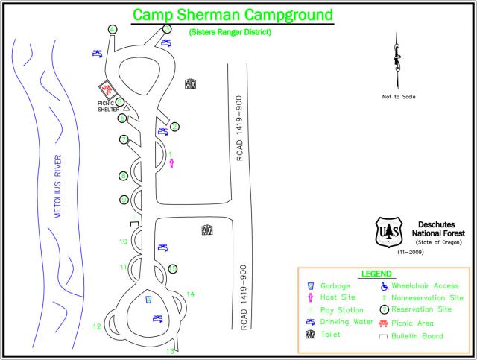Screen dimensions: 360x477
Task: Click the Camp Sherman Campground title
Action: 232,14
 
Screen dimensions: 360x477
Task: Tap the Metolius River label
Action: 57,186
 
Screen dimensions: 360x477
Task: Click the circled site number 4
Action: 113,29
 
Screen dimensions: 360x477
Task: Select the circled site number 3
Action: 167,29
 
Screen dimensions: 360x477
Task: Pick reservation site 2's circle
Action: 174,127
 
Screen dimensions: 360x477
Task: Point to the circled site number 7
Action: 124,139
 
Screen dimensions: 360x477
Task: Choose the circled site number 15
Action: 173,268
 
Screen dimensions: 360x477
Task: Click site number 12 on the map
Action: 97,326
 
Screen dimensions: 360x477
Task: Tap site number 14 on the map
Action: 191,294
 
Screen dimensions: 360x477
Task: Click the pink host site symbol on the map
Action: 171,163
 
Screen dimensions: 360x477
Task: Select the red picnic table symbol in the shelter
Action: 107,89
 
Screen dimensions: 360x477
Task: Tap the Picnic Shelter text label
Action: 108,107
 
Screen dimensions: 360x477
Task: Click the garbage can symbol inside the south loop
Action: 149,300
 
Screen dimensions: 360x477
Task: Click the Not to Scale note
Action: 399,97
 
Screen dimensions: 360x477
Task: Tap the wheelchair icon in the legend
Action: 385,285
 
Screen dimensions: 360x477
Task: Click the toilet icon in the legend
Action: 309,335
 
